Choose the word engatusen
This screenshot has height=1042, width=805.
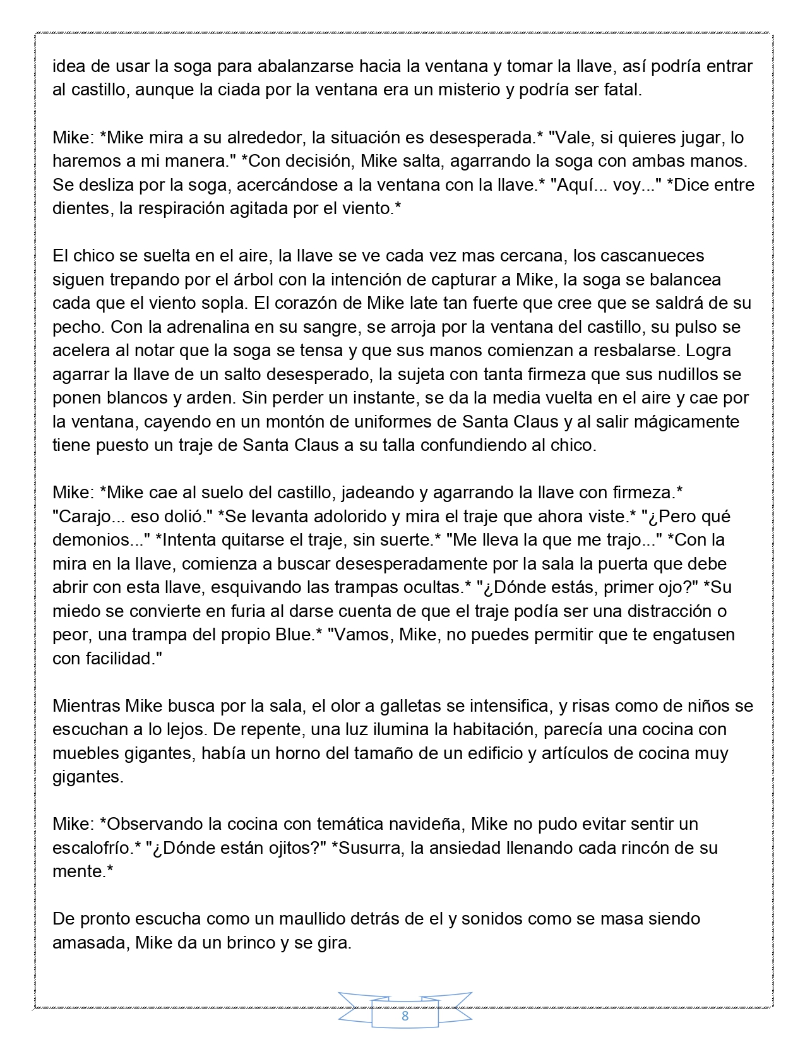coord(686,634)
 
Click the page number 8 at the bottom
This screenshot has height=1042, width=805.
coord(405,1016)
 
